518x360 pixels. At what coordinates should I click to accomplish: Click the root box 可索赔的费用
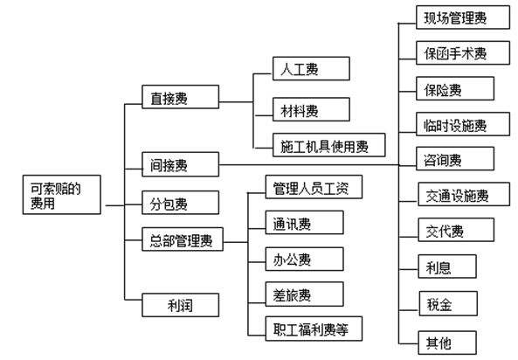(62, 195)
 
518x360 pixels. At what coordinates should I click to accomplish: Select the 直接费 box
(180, 97)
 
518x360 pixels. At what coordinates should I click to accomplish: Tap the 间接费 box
(180, 164)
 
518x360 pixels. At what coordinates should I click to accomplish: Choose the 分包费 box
(180, 203)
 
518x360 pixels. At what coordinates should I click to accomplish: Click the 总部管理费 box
(183, 239)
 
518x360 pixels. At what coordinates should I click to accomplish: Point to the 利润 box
(180, 305)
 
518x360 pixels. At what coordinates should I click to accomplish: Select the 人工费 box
(311, 68)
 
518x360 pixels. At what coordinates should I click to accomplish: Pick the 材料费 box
(311, 109)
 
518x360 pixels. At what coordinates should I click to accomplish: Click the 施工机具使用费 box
(329, 145)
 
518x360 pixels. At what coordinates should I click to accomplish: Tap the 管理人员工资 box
(314, 187)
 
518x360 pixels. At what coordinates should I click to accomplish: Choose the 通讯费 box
(305, 223)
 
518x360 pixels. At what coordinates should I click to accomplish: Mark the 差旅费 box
(305, 294)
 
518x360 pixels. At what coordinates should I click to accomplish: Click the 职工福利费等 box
(314, 329)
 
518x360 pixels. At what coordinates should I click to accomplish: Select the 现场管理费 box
(463, 17)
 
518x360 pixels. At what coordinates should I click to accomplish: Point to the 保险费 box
(455, 88)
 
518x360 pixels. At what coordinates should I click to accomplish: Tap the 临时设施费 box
(463, 124)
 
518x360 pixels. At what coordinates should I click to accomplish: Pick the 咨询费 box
(455, 159)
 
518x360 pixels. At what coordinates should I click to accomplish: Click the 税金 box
(448, 303)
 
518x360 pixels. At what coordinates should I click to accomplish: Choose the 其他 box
(447, 343)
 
